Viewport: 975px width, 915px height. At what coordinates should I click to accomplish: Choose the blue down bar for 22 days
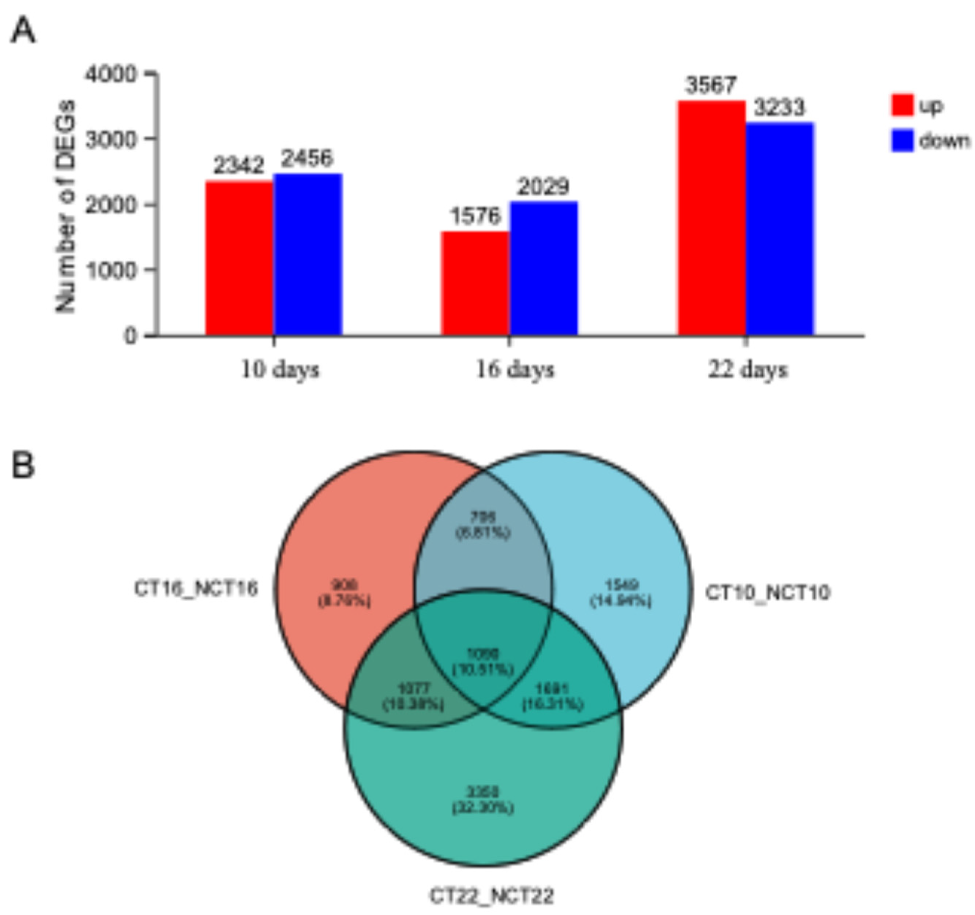tap(779, 229)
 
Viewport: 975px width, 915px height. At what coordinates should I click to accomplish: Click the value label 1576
tap(475, 216)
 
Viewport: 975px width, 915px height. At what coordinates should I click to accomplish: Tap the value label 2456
tap(307, 158)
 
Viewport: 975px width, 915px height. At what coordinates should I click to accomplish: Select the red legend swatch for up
tap(903, 105)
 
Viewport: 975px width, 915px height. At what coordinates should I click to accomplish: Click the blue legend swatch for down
tap(903, 141)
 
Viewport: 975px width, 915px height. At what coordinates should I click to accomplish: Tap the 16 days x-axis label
tap(515, 370)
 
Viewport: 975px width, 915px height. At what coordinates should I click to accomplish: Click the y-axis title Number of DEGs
tap(65, 206)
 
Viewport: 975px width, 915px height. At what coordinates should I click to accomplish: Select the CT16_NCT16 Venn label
tap(196, 588)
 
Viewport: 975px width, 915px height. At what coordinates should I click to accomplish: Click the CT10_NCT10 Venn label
tap(768, 593)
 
